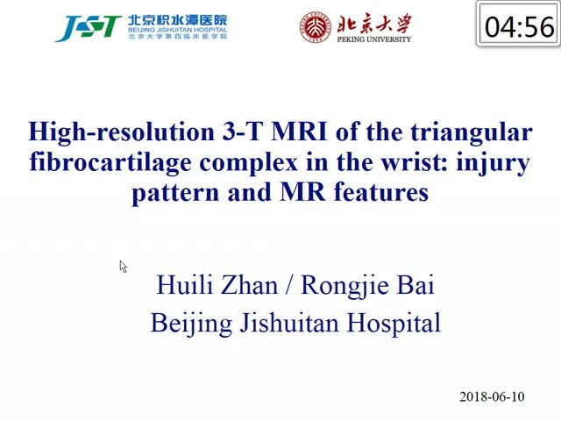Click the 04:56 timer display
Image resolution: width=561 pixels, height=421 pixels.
tap(519, 24)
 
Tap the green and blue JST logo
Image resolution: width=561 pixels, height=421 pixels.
tap(89, 28)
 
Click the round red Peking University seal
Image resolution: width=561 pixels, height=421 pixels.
tap(316, 27)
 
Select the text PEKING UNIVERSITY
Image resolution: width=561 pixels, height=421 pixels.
tap(374, 39)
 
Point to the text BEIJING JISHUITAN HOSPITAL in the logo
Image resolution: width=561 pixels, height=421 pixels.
tap(177, 30)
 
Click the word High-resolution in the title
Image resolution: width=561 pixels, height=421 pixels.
tap(121, 132)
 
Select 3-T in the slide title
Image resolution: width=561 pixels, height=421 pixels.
tap(243, 132)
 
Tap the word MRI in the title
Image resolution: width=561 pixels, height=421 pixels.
tap(299, 132)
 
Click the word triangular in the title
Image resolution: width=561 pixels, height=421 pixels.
tap(472, 132)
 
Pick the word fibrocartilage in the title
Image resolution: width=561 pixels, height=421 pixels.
tap(110, 162)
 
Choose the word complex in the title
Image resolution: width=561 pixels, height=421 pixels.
tap(249, 163)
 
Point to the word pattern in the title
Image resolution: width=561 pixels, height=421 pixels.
tap(175, 193)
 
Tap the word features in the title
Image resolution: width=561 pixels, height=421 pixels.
tap(381, 192)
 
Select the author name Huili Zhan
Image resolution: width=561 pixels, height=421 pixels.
tap(217, 285)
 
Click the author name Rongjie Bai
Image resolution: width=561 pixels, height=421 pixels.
tap(368, 286)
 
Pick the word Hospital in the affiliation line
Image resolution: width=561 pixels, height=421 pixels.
tap(394, 324)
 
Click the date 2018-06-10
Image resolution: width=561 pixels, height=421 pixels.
tap(492, 396)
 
